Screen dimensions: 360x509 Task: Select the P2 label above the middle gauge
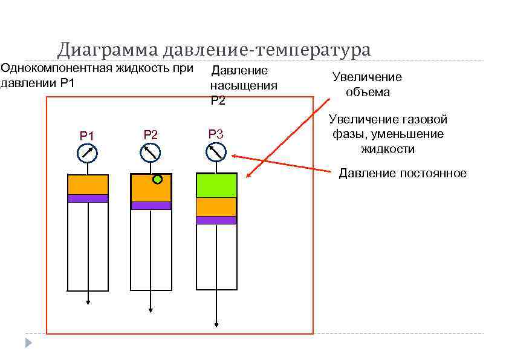coord(151,134)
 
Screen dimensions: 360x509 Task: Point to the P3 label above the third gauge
coord(216,134)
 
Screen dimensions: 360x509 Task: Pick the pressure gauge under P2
coord(151,152)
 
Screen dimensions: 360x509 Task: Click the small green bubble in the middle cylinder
coord(158,179)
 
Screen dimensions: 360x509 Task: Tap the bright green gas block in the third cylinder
coord(216,185)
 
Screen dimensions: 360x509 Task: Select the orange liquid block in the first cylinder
coord(88,185)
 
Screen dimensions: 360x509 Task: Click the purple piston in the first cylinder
coord(88,198)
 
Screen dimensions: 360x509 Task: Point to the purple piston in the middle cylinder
coord(151,206)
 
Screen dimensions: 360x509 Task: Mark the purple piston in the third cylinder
coord(216,220)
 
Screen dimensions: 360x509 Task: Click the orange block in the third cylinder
coord(216,207)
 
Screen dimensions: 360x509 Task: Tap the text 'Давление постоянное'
coord(403,174)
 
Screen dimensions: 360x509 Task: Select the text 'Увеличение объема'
coord(367,85)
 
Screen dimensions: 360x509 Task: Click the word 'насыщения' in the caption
coord(244,85)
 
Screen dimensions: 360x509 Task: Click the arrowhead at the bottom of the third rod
coord(216,325)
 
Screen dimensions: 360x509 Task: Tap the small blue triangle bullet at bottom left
coord(28,343)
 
